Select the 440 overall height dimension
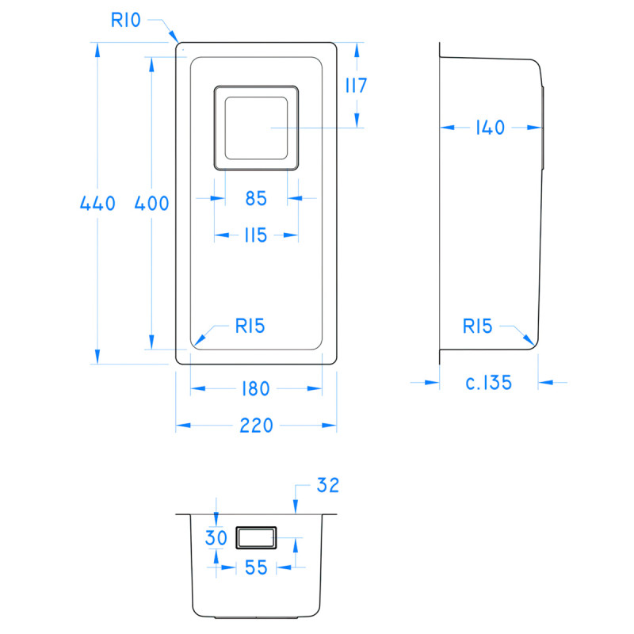pos(97,203)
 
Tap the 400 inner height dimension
pos(151,203)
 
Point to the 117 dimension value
pos(356,86)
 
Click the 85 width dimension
pos(255,199)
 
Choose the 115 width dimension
pos(255,235)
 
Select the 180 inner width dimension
pos(255,388)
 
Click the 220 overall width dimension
pos(255,426)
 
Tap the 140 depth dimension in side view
pos(490,127)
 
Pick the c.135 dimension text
pos(488,383)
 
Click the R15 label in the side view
pos(478,326)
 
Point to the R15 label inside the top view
pos(249,325)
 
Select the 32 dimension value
pos(327,485)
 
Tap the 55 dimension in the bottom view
pos(254,567)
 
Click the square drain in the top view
pos(256,127)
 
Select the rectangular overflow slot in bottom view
pos(255,538)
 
